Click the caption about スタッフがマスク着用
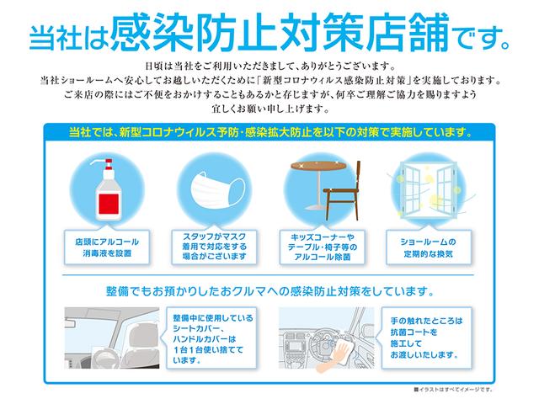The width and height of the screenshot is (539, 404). (213, 246)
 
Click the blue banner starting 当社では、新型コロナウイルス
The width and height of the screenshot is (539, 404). (269, 132)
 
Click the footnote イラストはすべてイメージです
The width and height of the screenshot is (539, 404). (456, 390)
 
